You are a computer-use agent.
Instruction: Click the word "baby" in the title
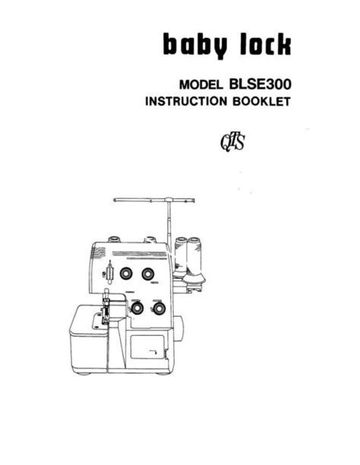195,46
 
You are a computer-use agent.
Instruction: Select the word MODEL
201,85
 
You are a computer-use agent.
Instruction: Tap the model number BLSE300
260,84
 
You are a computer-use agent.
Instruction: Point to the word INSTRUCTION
186,101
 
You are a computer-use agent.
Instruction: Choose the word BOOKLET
261,101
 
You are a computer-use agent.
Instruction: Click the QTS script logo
232,142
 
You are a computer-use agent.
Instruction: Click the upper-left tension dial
126,273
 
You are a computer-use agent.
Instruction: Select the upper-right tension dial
147,274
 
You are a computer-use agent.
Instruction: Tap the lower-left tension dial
137,308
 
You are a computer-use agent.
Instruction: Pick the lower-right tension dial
159,308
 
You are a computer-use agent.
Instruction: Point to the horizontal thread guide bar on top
154,200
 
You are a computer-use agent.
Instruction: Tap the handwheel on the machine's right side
178,328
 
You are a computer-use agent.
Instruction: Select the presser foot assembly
106,308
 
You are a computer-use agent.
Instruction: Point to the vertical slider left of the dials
109,273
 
